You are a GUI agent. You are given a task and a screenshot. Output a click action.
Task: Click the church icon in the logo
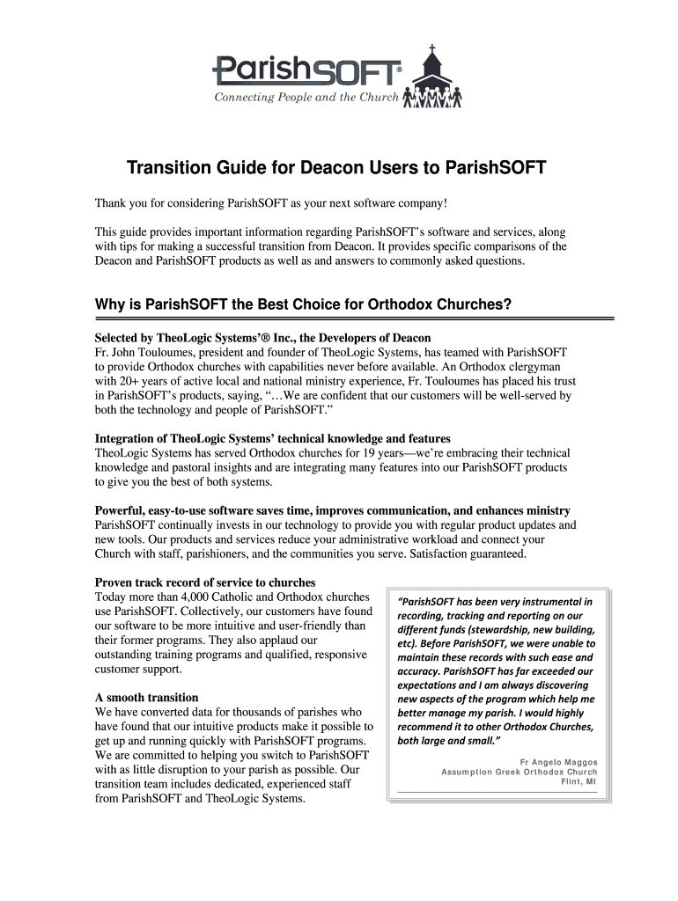click(x=431, y=75)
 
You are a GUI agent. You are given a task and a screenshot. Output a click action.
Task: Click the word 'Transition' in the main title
click(x=173, y=167)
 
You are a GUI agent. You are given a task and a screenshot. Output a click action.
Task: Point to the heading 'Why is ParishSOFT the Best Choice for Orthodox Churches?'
click(x=304, y=305)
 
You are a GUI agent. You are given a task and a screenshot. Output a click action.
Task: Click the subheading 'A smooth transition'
click(x=146, y=698)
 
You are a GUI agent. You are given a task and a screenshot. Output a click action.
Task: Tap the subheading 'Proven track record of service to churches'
click(x=205, y=582)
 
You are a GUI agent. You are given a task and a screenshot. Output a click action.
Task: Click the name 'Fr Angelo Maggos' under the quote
click(x=558, y=762)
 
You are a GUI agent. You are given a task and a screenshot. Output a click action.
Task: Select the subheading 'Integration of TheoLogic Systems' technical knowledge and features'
click(x=272, y=438)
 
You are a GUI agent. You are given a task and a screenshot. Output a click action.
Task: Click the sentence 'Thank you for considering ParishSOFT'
click(x=271, y=204)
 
